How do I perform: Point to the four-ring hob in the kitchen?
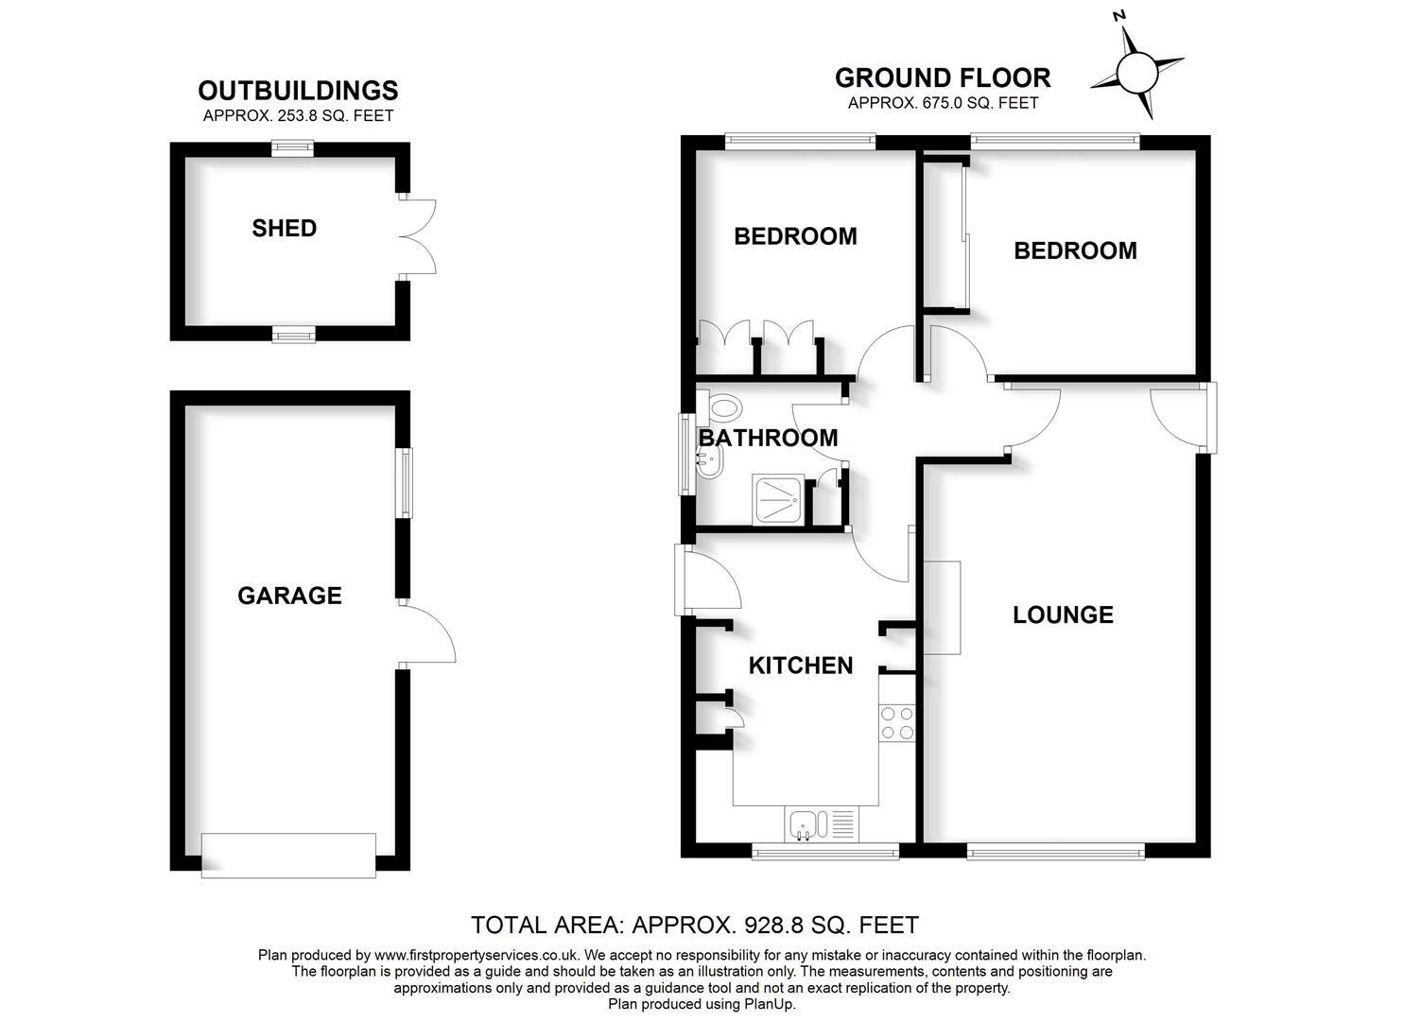click(x=896, y=723)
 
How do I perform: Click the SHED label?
click(x=284, y=228)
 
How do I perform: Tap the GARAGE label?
click(x=289, y=596)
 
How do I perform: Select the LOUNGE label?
click(x=1063, y=615)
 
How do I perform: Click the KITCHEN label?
click(x=800, y=666)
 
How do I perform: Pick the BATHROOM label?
click(x=768, y=438)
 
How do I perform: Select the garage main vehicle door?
click(x=289, y=855)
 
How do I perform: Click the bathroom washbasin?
click(x=710, y=461)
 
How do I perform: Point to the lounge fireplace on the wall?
click(x=942, y=607)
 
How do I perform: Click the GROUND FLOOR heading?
click(x=943, y=78)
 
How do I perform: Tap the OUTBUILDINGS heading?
click(x=298, y=91)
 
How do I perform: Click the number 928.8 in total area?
click(x=774, y=925)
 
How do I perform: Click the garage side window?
click(x=406, y=482)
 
